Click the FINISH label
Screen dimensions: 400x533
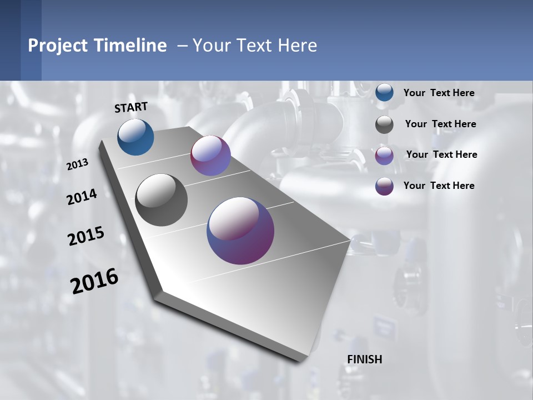pos(364,359)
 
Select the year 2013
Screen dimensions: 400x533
pos(78,164)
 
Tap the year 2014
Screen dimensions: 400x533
pos(82,197)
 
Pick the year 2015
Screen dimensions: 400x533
pos(86,236)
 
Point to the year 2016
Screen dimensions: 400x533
pos(94,281)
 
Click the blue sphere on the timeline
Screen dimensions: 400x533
pos(135,137)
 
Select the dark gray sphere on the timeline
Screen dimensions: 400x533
pos(161,199)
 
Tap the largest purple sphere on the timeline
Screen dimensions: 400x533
pos(240,230)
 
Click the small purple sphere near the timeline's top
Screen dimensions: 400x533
pos(210,156)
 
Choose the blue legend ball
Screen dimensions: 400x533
pos(384,93)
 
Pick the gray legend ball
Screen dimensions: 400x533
pos(384,124)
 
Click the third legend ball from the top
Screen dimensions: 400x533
pos(384,156)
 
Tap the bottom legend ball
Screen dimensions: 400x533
pos(384,186)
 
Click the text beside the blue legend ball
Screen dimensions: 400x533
pos(439,93)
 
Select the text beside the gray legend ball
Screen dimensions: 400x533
pos(440,124)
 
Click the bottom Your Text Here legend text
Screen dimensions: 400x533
pos(439,186)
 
